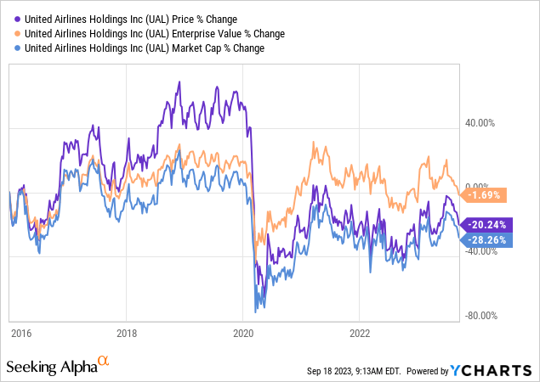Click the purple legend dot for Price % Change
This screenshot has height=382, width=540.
pos(17,20)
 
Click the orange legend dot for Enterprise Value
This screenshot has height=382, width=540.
pos(17,34)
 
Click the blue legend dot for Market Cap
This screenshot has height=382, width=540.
pos(17,48)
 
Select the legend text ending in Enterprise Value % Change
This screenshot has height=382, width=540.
pos(155,34)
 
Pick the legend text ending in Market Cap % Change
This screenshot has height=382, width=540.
pos(145,48)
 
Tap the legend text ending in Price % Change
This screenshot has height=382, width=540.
pos(131,20)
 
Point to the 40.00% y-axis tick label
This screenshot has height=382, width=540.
pos(480,123)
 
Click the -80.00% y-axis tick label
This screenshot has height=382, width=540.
pos(481,316)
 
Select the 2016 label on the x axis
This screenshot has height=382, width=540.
pos(21,333)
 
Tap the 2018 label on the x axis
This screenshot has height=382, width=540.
pos(127,333)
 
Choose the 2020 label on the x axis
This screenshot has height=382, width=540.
pos(243,333)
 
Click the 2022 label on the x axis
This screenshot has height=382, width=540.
pos(360,333)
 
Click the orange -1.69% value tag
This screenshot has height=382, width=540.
pos(483,195)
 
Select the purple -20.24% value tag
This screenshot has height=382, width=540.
pos(486,225)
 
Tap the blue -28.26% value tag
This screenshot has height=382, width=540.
pos(486,240)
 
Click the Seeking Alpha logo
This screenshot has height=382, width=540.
pos(58,365)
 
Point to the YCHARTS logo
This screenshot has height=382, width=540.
pos(491,371)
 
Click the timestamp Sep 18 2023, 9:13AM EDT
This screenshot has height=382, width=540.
pos(354,371)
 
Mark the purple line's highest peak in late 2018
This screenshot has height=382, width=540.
pos(179,81)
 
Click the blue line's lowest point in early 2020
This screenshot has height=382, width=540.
pos(255,312)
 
